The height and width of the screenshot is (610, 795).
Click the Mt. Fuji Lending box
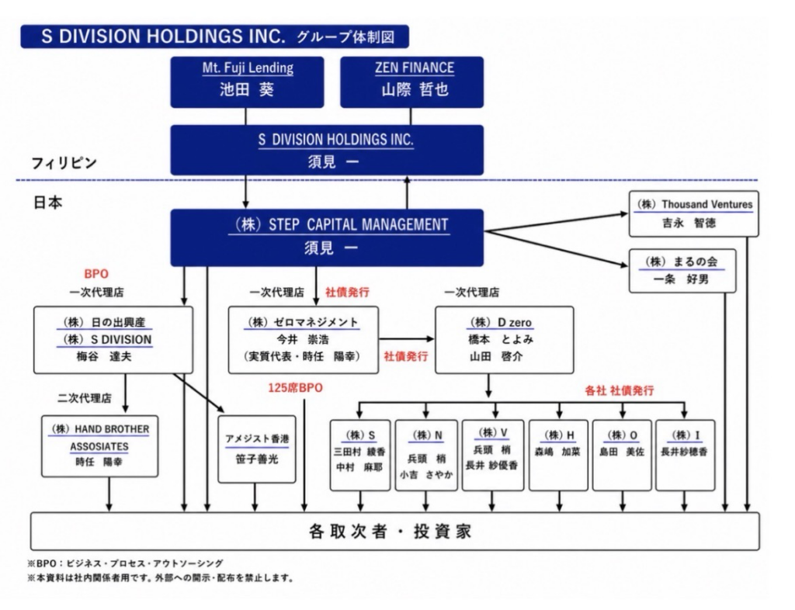[x=247, y=82]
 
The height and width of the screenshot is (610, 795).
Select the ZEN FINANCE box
[x=411, y=82]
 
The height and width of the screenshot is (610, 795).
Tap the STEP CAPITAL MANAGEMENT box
[x=327, y=237]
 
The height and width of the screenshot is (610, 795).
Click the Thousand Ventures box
[x=693, y=213]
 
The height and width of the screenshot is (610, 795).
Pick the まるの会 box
[x=682, y=271]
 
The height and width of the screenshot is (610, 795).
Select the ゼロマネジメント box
[x=304, y=340]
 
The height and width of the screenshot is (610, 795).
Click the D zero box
[x=505, y=340]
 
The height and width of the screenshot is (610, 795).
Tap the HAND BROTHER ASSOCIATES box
[x=100, y=446]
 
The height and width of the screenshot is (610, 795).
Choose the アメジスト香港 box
[x=256, y=449]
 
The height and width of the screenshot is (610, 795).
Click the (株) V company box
[x=493, y=455]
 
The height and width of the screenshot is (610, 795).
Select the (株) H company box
[x=558, y=455]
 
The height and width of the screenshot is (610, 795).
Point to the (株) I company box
[x=685, y=455]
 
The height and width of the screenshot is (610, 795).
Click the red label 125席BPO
[x=295, y=388]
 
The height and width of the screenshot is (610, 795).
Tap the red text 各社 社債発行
[x=619, y=390]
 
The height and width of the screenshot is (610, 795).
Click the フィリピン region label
[x=64, y=163]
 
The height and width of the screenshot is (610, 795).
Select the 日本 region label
[x=47, y=203]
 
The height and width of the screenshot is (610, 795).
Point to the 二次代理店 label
[x=84, y=398]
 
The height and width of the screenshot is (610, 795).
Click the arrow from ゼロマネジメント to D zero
[x=407, y=339]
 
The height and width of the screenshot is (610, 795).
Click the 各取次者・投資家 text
[x=390, y=532]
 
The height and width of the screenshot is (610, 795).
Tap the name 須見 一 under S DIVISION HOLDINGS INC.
[x=333, y=162]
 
